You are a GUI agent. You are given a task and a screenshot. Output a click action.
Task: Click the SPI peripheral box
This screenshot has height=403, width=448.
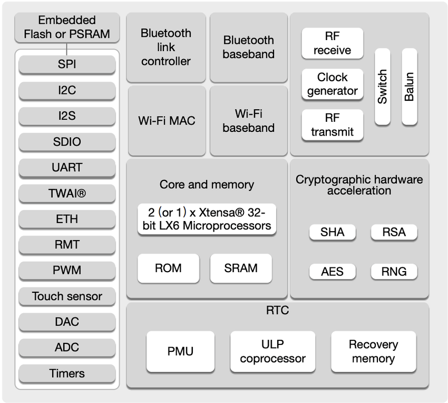click(x=67, y=65)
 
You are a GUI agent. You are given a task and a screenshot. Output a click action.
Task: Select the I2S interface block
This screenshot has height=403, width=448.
click(x=67, y=116)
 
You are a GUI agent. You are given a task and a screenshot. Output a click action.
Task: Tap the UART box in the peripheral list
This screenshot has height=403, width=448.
click(x=67, y=168)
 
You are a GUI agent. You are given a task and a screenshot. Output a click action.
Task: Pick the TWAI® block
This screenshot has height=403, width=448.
click(x=67, y=194)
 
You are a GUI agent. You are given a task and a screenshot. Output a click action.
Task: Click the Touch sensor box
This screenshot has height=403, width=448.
click(x=67, y=296)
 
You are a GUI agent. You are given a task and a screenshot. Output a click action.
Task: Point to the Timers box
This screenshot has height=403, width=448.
click(x=67, y=373)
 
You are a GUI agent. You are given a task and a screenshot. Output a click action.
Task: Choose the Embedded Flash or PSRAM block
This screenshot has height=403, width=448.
click(x=67, y=27)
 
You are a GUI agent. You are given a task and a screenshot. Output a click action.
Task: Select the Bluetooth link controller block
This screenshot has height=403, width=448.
click(x=166, y=47)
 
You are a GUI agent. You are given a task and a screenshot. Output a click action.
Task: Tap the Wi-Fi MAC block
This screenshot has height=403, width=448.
click(x=167, y=121)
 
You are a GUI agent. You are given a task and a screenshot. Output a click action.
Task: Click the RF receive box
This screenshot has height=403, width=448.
click(x=332, y=44)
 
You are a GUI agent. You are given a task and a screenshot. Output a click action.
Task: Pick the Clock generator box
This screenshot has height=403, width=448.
click(x=332, y=84)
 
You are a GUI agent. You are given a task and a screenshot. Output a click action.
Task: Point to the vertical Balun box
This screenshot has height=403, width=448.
click(x=410, y=87)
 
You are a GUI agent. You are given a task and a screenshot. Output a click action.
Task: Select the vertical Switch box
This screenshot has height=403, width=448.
click(x=383, y=87)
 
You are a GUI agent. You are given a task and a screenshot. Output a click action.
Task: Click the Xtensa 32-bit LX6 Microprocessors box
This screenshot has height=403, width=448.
click(x=207, y=219)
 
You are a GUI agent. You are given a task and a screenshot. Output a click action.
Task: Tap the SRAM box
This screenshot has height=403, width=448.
click(x=241, y=268)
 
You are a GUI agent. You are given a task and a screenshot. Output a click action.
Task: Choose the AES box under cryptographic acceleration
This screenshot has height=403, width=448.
click(x=332, y=272)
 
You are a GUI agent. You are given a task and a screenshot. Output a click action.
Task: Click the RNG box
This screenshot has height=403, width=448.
click(x=394, y=272)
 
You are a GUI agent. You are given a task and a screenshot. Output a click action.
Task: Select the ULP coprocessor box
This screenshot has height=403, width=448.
click(x=272, y=351)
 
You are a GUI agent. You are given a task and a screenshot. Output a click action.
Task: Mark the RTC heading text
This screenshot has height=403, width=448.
click(x=277, y=311)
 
